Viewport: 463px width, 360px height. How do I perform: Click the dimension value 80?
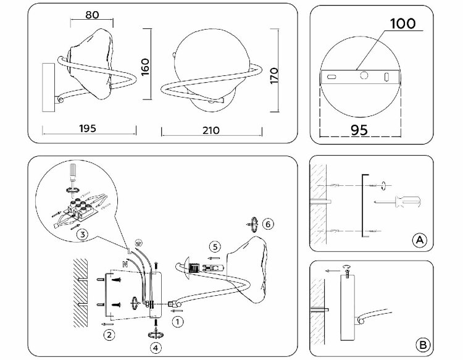(92, 15)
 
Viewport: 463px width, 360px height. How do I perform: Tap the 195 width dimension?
(88, 128)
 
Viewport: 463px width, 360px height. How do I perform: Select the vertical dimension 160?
(145, 67)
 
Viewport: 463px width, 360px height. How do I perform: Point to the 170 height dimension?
(274, 76)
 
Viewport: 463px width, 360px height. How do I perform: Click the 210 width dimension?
(211, 130)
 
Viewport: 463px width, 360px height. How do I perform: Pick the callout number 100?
(403, 23)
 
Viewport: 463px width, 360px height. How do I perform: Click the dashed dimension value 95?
(359, 130)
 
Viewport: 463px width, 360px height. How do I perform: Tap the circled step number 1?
(177, 322)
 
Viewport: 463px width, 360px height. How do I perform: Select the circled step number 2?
(109, 335)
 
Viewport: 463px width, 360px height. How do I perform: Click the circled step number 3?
(82, 235)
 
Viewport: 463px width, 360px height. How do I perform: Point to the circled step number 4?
(156, 348)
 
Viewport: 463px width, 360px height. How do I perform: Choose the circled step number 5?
(215, 246)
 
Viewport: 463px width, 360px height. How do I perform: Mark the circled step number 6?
(268, 224)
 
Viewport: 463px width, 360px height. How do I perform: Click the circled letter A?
(420, 240)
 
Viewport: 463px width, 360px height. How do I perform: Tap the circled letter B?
(423, 345)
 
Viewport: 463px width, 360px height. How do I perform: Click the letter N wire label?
(125, 264)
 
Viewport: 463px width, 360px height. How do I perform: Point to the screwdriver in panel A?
(398, 202)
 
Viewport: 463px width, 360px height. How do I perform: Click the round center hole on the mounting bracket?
(364, 75)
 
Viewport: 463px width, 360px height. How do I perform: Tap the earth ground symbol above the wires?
(137, 243)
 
